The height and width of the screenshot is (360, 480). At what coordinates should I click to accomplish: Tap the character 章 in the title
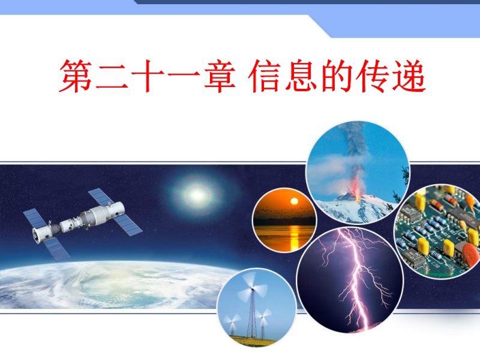[x=220, y=76]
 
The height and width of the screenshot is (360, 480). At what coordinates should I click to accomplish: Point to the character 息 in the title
[x=301, y=76]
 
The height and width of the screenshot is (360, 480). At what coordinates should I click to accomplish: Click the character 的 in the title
[x=337, y=76]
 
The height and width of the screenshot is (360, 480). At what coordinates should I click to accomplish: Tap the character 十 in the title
[x=148, y=76]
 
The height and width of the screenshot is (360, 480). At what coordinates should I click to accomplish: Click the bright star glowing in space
[x=197, y=194]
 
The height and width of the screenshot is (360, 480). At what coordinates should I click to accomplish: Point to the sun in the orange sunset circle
[x=294, y=202]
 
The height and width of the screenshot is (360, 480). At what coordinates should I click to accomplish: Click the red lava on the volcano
[x=356, y=186]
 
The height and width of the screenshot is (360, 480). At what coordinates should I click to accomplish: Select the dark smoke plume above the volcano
[x=356, y=143]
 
